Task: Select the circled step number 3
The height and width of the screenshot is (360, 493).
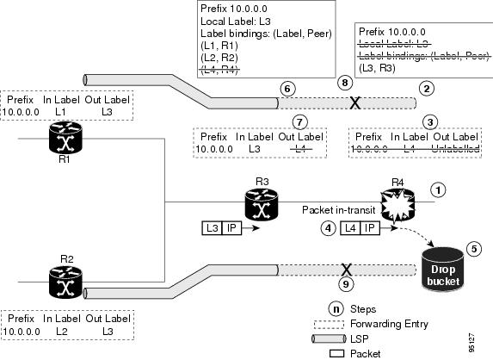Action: coord(433,121)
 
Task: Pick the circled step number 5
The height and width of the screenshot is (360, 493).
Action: coord(472,248)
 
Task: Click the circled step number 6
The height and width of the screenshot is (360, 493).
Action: coord(289,88)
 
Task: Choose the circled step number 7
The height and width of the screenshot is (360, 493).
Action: coord(299,121)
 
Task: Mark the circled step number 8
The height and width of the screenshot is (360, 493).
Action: coord(345,83)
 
